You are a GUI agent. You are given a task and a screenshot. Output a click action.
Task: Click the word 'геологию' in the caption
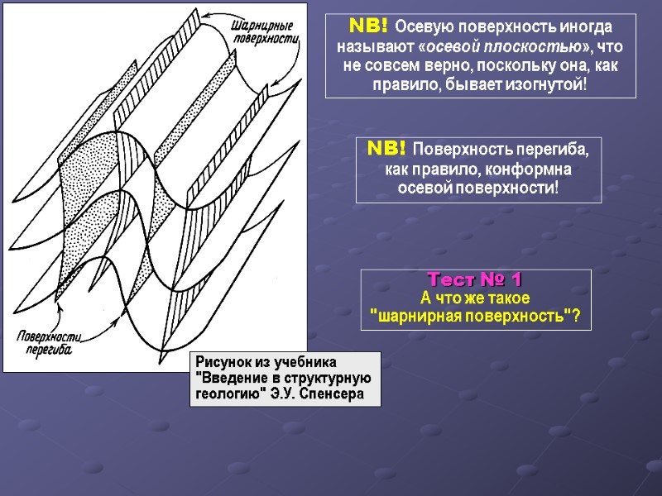[228, 393]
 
